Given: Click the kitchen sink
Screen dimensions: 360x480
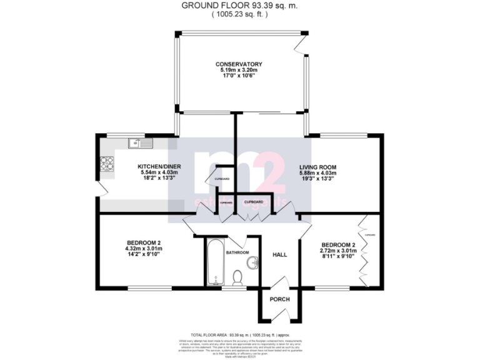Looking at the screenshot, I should (141, 144).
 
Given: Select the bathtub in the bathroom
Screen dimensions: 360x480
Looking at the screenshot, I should (213, 261).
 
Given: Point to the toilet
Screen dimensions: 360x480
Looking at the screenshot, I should (237, 278).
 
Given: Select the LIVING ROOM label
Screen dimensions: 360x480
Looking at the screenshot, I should (317, 167).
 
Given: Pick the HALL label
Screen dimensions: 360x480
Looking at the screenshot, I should (279, 254).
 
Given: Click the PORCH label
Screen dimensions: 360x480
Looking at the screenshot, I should (279, 299).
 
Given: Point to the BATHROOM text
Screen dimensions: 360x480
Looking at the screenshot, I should (237, 252).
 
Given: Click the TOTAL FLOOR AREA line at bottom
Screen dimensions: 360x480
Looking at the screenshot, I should (240, 335).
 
